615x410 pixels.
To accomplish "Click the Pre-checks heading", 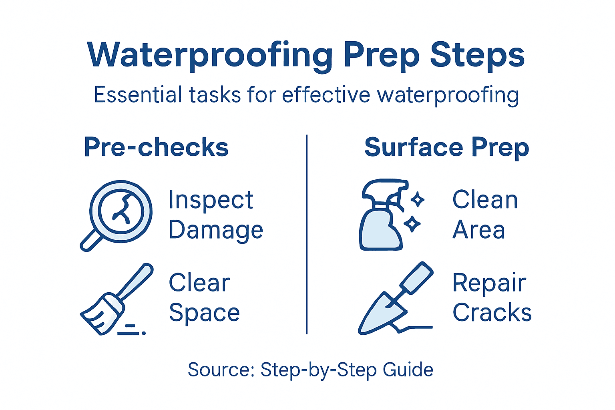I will pos(156,147).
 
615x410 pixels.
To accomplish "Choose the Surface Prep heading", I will pos(446,147).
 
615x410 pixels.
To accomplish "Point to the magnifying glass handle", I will pos(91,241).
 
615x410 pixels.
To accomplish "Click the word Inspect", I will pos(211,199).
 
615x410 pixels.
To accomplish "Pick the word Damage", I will pos(216,231).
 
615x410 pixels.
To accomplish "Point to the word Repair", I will pos(489,283).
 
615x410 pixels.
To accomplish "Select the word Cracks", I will pos(492,312).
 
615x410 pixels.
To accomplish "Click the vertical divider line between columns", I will pos(307,234).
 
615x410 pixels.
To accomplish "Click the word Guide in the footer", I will pos(408,370).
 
